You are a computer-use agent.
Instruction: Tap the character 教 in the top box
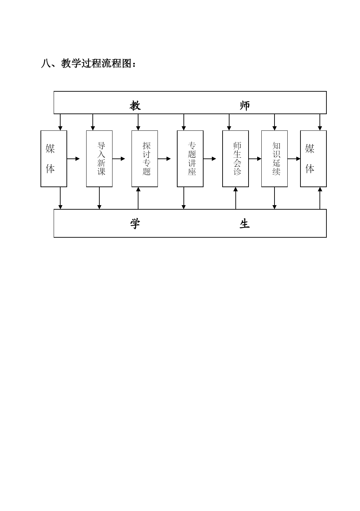pos(135,106)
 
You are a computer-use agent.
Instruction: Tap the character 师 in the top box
pos(245,106)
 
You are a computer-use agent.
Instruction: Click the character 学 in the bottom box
pos(135,224)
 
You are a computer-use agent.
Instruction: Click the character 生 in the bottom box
pos(245,224)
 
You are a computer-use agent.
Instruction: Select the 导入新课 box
pos(99,159)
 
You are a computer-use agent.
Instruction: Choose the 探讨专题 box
pos(145,159)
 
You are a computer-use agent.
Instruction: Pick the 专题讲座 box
pos(190,159)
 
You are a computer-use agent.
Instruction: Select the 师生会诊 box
pos(236,159)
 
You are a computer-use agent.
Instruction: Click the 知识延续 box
pos(274,159)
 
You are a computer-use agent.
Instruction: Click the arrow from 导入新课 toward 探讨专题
pos(119,159)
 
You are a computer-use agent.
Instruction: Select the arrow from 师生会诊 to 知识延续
pos(255,159)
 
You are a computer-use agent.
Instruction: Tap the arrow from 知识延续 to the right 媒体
pos(294,159)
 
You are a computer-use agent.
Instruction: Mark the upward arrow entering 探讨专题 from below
pos(138,198)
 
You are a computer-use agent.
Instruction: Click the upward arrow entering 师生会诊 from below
pos(236,198)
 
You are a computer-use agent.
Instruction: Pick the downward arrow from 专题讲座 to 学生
pos(183,198)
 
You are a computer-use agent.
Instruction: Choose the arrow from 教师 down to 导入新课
pos(93,122)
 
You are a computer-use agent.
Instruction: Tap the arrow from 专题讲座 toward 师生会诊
pos(209,159)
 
